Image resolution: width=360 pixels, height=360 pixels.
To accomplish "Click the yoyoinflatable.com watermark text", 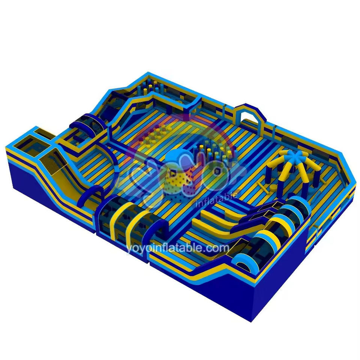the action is coord(178,248).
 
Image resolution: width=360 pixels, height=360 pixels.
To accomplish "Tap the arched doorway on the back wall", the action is coord(249,114).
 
